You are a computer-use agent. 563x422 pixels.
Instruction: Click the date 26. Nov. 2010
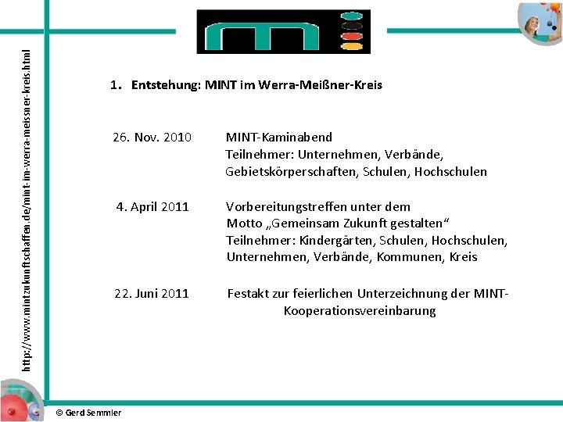152,138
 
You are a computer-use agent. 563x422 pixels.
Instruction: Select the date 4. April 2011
152,207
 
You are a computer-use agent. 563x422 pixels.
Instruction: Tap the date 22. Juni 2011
152,294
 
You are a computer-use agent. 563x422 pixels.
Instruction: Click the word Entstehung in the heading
165,84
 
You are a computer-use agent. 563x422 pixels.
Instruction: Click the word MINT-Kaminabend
278,138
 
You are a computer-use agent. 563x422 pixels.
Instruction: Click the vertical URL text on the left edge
26,211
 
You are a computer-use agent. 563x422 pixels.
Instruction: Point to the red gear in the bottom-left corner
11,411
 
